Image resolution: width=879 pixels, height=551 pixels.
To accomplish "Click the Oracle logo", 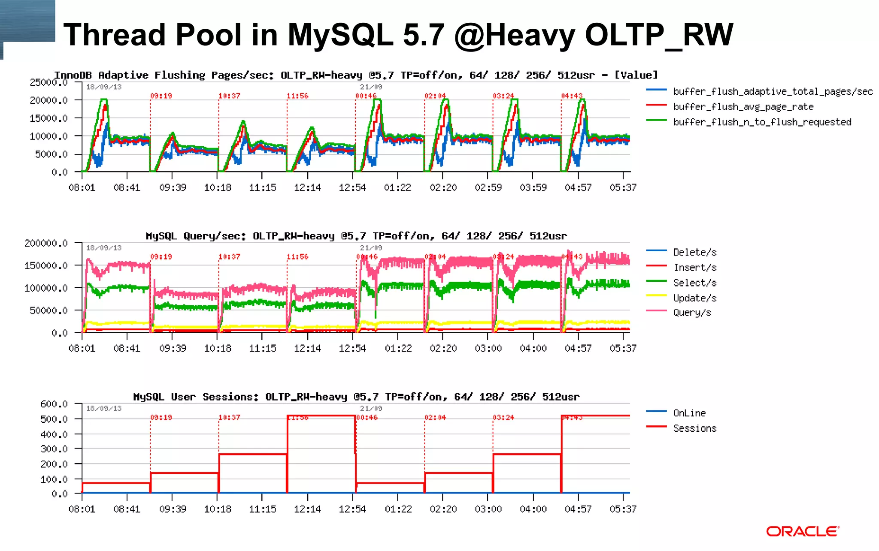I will click(802, 531).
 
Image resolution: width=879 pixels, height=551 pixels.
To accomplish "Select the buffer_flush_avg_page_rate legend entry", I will click(743, 107).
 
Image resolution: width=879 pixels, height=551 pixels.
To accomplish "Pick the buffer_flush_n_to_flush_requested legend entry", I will click(762, 122).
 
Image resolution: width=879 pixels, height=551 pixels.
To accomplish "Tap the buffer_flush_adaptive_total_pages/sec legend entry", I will click(773, 91).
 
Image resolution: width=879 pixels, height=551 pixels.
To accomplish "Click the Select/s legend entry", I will click(694, 283).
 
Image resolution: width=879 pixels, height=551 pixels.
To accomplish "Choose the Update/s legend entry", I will click(694, 298).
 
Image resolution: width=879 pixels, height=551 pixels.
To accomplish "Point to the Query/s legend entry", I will click(692, 313).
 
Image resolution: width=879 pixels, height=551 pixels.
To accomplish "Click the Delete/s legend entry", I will click(694, 253).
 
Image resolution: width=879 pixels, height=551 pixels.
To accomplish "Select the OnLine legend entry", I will click(689, 413).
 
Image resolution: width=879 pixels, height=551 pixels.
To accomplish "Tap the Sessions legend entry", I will click(694, 428).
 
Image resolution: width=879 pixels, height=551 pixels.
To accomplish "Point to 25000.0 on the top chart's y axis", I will click(48, 82).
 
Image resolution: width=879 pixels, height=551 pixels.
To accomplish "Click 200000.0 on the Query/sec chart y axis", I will click(46, 244).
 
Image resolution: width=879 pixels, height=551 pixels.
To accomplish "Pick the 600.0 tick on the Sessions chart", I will click(54, 404).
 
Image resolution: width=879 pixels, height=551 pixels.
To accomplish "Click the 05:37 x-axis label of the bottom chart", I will click(623, 509).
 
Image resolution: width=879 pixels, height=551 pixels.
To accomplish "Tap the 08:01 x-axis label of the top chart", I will click(82, 188).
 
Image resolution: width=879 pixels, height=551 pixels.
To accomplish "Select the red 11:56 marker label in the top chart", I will click(297, 96).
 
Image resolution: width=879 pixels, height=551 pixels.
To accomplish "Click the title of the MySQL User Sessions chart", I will click(356, 397).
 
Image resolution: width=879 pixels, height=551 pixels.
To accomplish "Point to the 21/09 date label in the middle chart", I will click(371, 248).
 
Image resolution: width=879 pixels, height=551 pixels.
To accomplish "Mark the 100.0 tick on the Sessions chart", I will click(54, 479).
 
